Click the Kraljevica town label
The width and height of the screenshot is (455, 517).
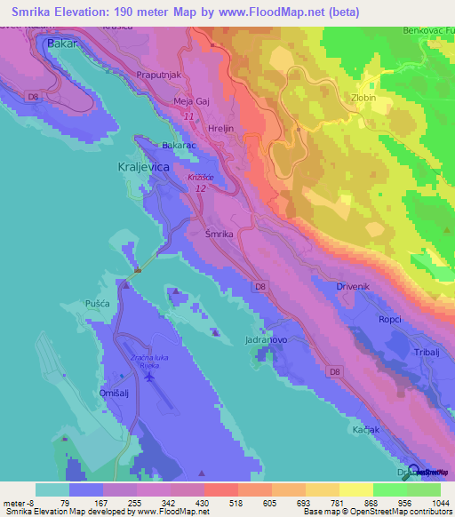click(x=143, y=166)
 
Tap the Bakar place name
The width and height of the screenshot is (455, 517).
click(x=63, y=43)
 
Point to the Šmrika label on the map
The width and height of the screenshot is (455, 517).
click(x=219, y=233)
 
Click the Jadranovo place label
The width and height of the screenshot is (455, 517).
click(x=267, y=340)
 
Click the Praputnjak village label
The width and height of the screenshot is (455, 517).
click(x=158, y=76)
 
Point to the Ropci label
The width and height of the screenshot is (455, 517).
click(x=391, y=320)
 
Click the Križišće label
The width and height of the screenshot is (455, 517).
click(x=201, y=178)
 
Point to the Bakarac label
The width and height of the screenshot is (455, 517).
click(x=178, y=144)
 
